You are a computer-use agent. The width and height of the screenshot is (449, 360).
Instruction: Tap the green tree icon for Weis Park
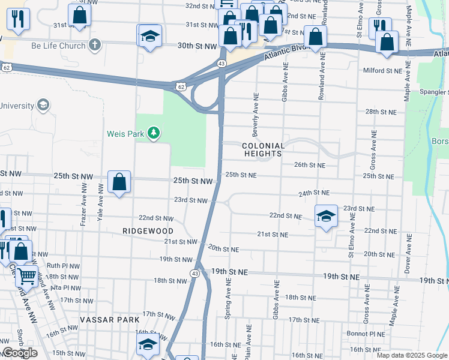(154, 133)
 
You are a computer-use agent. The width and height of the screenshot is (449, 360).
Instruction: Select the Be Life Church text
(58, 45)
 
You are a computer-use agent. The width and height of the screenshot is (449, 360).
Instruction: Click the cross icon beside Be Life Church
(94, 44)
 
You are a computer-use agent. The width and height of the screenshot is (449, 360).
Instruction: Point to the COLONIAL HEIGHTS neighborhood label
(263, 149)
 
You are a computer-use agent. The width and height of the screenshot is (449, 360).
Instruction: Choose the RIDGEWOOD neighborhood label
(148, 231)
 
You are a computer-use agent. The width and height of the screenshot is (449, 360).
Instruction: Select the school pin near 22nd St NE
(326, 217)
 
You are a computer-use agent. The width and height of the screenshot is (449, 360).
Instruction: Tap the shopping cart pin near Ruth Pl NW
(26, 277)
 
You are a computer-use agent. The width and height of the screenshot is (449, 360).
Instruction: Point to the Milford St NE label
(382, 71)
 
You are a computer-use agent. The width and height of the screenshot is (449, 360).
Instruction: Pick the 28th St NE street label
(380, 112)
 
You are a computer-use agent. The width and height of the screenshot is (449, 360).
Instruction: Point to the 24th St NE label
(315, 193)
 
